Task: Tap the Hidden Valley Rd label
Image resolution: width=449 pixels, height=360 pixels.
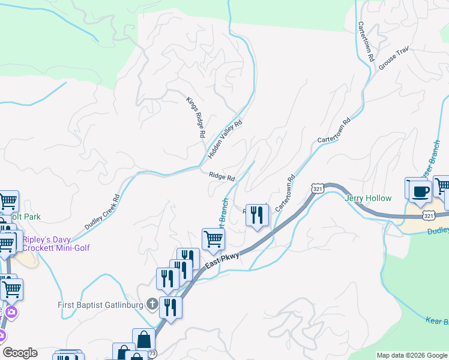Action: pyautogui.click(x=224, y=139)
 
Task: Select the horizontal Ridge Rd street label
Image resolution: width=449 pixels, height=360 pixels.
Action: pyautogui.click(x=221, y=176)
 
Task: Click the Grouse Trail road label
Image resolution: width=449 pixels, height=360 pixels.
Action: pyautogui.click(x=394, y=58)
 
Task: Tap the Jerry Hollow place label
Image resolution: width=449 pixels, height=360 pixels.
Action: pyautogui.click(x=368, y=199)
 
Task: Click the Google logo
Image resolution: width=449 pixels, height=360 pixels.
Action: pyautogui.click(x=20, y=353)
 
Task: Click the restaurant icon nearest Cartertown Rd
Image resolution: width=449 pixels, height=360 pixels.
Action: pyautogui.click(x=258, y=215)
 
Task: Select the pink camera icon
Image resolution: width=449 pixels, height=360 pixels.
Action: pyautogui.click(x=11, y=311)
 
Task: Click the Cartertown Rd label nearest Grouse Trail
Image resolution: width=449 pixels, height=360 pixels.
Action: pyautogui.click(x=366, y=43)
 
